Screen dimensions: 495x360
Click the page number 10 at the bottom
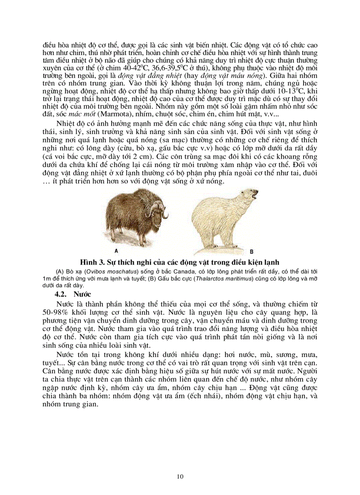click(180, 476)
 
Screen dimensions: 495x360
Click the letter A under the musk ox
click(116, 250)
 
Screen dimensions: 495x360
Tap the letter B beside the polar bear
click(251, 252)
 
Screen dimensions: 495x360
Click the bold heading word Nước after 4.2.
click(82, 293)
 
